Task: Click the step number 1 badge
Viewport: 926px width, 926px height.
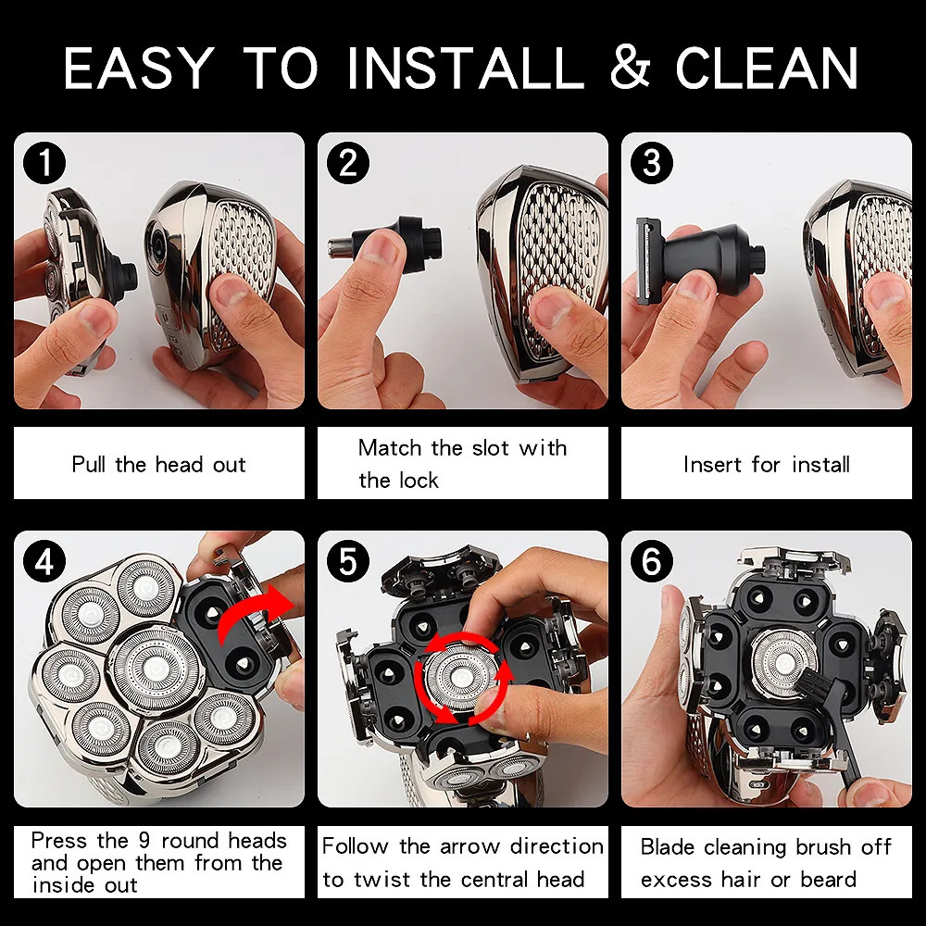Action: [44, 162]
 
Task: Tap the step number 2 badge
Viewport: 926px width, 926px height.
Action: [348, 162]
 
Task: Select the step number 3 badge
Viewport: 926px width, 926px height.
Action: [652, 162]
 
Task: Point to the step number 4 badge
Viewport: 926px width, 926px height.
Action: [44, 561]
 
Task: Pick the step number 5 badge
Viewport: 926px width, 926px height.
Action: [348, 561]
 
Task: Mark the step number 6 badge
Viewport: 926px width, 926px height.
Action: [652, 561]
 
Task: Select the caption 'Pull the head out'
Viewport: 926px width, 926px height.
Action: [158, 464]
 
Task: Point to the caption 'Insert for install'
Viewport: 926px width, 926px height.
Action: [767, 464]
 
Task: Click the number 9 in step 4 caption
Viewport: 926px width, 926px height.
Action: [144, 840]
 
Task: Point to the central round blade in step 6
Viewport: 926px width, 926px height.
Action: [784, 661]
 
